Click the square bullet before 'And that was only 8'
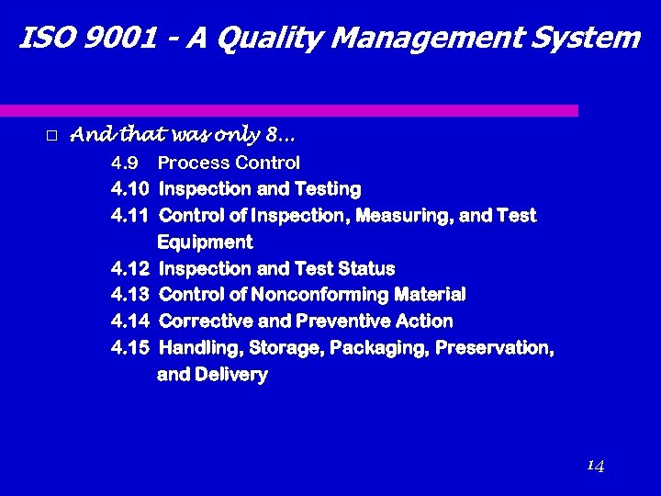tap(51, 136)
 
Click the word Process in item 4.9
tap(194, 163)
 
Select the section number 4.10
tap(129, 189)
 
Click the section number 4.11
tap(129, 216)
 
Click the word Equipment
tap(205, 242)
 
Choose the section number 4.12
tap(129, 269)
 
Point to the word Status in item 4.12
tap(366, 269)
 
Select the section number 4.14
tap(129, 321)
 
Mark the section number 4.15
tap(129, 348)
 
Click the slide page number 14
tap(595, 466)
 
